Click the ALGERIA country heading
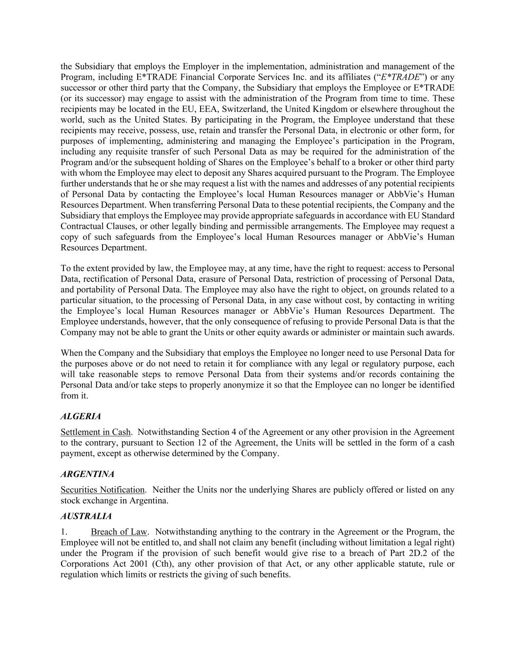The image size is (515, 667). tap(81, 416)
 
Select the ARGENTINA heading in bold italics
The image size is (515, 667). tap(87, 474)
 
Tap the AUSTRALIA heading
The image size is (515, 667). tap(86, 516)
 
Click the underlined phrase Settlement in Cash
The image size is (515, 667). tap(96, 432)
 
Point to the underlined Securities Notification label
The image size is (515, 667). tap(103, 490)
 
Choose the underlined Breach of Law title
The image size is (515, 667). tap(119, 532)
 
